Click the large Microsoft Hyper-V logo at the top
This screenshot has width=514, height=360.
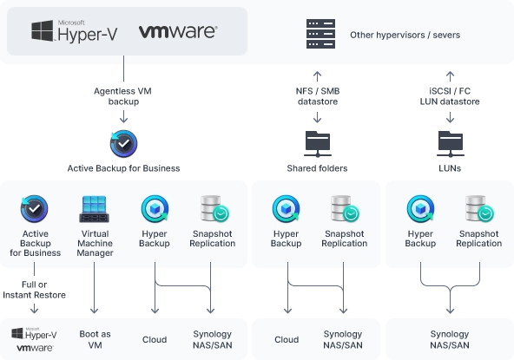pyautogui.click(x=74, y=31)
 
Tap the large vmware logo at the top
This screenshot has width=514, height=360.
pyautogui.click(x=178, y=32)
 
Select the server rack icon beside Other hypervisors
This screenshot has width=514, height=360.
pyautogui.click(x=320, y=34)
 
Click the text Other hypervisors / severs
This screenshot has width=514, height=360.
pyautogui.click(x=405, y=35)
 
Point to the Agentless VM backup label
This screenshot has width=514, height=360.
pyautogui.click(x=123, y=96)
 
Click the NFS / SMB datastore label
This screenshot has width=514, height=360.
pyautogui.click(x=317, y=96)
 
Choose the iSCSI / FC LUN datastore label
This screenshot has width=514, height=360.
pyautogui.click(x=450, y=96)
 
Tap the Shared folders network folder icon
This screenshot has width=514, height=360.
pyautogui.click(x=317, y=144)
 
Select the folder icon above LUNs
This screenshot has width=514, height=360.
pyautogui.click(x=450, y=144)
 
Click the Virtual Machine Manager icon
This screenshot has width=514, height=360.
pyautogui.click(x=95, y=209)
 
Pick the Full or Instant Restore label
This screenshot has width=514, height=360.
pyautogui.click(x=34, y=290)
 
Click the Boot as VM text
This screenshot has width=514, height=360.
pyautogui.click(x=95, y=339)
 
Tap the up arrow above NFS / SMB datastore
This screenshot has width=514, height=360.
pyautogui.click(x=317, y=76)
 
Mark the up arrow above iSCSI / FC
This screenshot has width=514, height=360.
pyautogui.click(x=450, y=76)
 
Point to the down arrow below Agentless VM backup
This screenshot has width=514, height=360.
pyautogui.click(x=123, y=116)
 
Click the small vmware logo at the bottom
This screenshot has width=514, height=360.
pyautogui.click(x=35, y=348)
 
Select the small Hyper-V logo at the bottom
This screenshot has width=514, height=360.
pyautogui.click(x=34, y=334)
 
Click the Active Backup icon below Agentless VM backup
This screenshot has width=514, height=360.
pyautogui.click(x=123, y=144)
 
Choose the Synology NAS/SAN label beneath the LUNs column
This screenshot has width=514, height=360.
pyautogui.click(x=450, y=339)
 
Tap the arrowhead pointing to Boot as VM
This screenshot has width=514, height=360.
pyautogui.click(x=94, y=310)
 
